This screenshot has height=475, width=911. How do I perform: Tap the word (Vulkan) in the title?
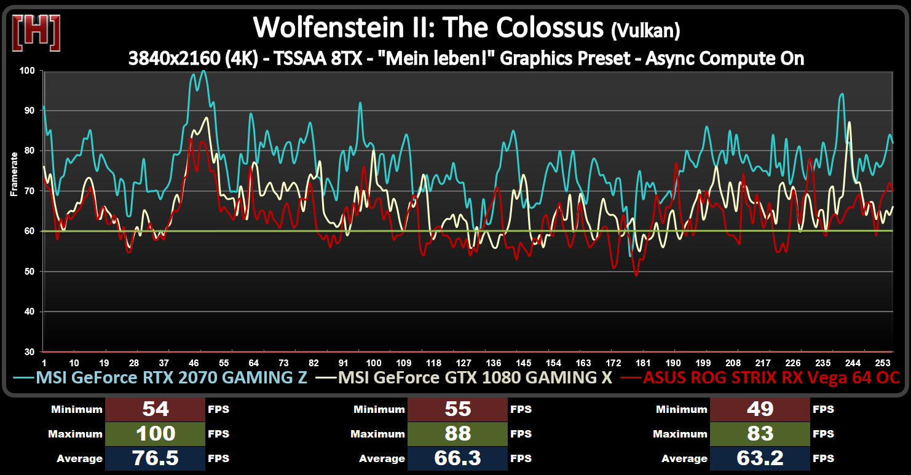tap(646, 29)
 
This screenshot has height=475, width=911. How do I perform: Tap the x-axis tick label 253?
tap(884, 363)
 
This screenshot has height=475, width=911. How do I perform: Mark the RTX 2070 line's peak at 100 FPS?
tap(203, 71)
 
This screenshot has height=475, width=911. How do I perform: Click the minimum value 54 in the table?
tap(156, 409)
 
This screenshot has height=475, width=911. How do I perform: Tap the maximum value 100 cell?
tap(156, 434)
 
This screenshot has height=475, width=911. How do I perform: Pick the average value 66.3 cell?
tap(457, 458)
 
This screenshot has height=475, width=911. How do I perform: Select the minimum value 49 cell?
tap(760, 409)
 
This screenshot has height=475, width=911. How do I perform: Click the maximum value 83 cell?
tap(760, 434)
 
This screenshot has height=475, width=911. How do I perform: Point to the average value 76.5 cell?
tap(156, 458)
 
